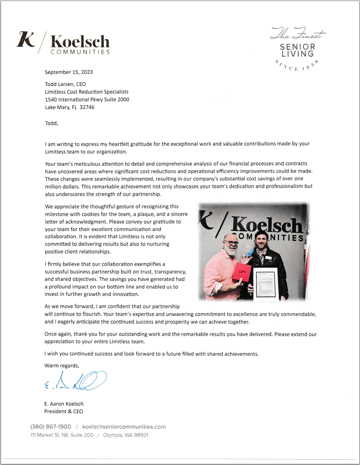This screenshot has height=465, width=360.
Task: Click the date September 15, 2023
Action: point(69,72)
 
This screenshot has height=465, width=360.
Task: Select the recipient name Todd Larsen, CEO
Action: point(65,84)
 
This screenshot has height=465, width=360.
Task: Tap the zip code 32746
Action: point(87,107)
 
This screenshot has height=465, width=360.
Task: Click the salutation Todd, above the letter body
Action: point(51,123)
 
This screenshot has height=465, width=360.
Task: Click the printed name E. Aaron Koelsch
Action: point(64,404)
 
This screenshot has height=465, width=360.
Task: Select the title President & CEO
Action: point(63,411)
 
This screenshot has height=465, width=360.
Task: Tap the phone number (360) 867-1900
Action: point(51,427)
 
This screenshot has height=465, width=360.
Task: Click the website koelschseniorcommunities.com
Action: point(124,427)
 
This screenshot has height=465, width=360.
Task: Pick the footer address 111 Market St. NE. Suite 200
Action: point(62,435)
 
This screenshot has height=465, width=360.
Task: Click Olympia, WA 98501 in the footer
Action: point(126,435)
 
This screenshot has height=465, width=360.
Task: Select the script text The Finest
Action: point(297,34)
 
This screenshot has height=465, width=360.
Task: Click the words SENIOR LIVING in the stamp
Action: point(297,50)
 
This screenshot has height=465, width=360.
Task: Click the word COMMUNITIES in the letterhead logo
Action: point(80,52)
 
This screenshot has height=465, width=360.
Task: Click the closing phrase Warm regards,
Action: point(62,366)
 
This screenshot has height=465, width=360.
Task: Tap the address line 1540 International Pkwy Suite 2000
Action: point(87,100)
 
